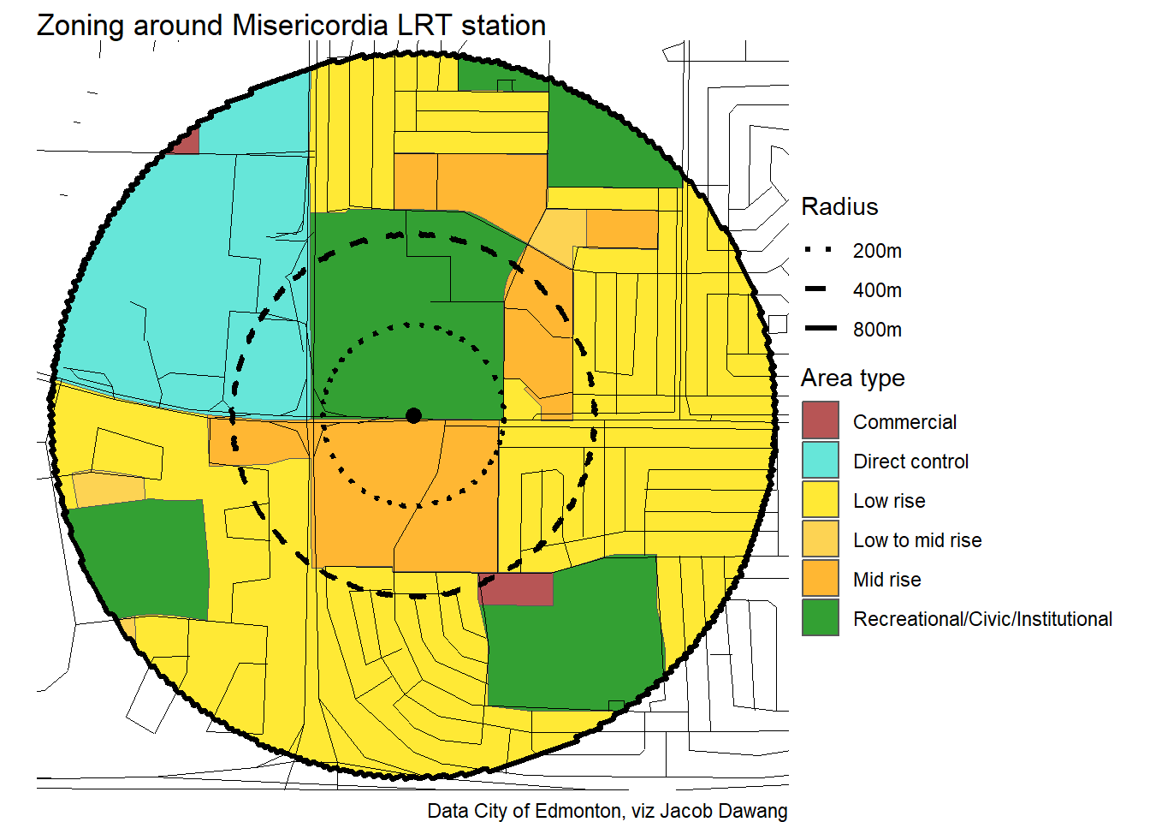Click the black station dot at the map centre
[413, 415]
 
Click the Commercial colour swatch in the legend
[820, 420]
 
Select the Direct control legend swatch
[820, 460]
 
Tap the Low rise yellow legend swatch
[820, 499]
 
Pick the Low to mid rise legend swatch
[820, 539]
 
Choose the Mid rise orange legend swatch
[820, 578]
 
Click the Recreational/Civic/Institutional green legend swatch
[820, 617]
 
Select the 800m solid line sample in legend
[820, 329]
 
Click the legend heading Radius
[839, 207]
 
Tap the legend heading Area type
[852, 378]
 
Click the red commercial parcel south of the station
[516, 589]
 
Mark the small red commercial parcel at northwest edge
[187, 142]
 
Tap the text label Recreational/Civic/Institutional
[982, 619]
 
